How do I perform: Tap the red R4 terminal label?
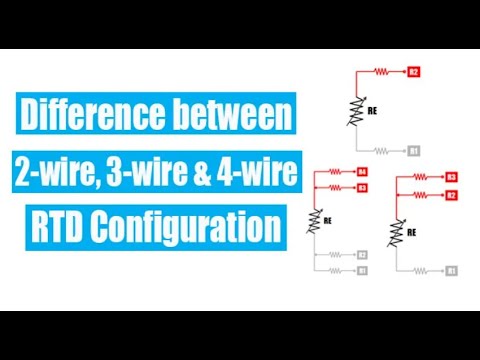362,172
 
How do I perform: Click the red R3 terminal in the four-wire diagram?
362,187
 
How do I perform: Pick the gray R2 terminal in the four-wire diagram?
362,255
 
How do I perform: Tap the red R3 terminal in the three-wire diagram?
452,178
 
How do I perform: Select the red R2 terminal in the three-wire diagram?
452,195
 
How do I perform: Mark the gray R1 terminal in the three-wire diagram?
452,271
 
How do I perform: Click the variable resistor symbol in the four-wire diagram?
318,217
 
